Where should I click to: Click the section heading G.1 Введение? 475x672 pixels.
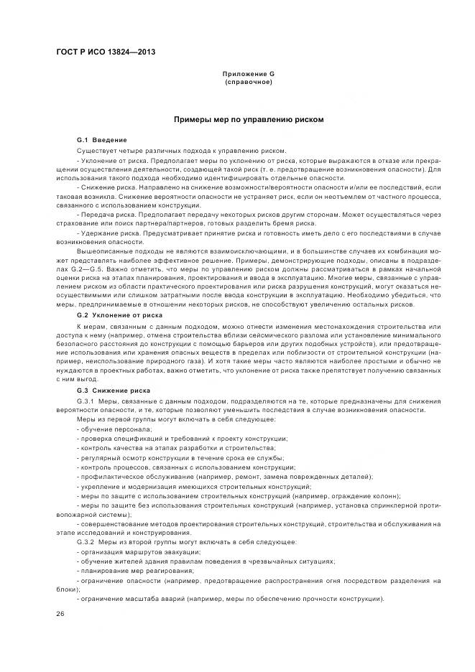tap(102, 139)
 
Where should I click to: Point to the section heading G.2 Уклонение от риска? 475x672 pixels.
tap(119, 315)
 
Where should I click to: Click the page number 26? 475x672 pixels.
tap(60, 614)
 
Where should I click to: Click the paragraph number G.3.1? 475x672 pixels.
tap(86, 400)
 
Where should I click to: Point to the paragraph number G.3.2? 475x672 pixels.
tap(86, 541)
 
